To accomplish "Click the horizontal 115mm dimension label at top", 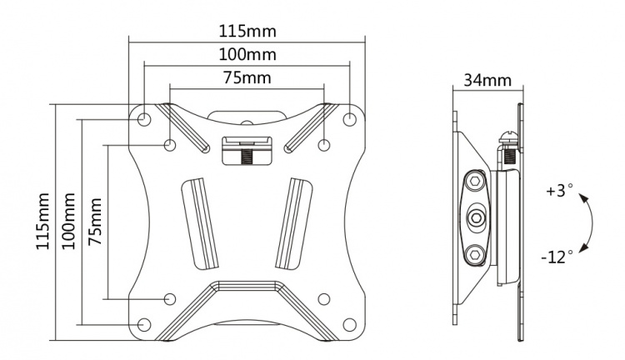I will click(x=247, y=31).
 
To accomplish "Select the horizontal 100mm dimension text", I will click(x=247, y=55).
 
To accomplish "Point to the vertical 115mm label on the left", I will click(x=42, y=222).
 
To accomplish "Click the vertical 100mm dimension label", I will click(x=69, y=222).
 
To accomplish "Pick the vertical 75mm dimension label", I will click(x=97, y=222).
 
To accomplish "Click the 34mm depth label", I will click(x=487, y=81).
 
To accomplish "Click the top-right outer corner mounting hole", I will click(x=349, y=119).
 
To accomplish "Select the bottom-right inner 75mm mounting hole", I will click(x=323, y=298).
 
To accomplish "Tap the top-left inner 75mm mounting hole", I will click(x=171, y=146).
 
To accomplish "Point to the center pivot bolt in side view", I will click(x=475, y=216).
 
